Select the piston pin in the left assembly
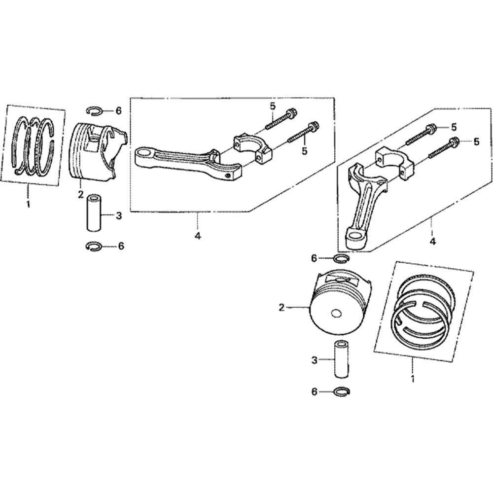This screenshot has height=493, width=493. click(94, 213)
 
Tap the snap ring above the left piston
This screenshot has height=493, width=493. click(94, 110)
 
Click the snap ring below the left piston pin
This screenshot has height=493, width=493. click(94, 246)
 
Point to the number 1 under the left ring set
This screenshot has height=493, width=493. click(28, 205)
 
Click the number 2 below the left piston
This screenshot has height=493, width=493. click(81, 194)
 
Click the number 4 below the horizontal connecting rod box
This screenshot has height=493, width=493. click(198, 236)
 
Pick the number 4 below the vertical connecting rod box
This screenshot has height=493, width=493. click(433, 242)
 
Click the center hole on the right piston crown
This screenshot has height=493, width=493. click(336, 314)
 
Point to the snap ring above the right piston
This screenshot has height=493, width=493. click(341, 258)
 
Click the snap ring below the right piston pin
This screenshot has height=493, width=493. click(341, 392)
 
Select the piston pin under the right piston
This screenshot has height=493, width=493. click(341, 360)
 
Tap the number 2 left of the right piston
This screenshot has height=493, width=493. click(282, 307)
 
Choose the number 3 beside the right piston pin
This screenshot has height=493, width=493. click(315, 360)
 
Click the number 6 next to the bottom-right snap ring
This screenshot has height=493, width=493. click(315, 392)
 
